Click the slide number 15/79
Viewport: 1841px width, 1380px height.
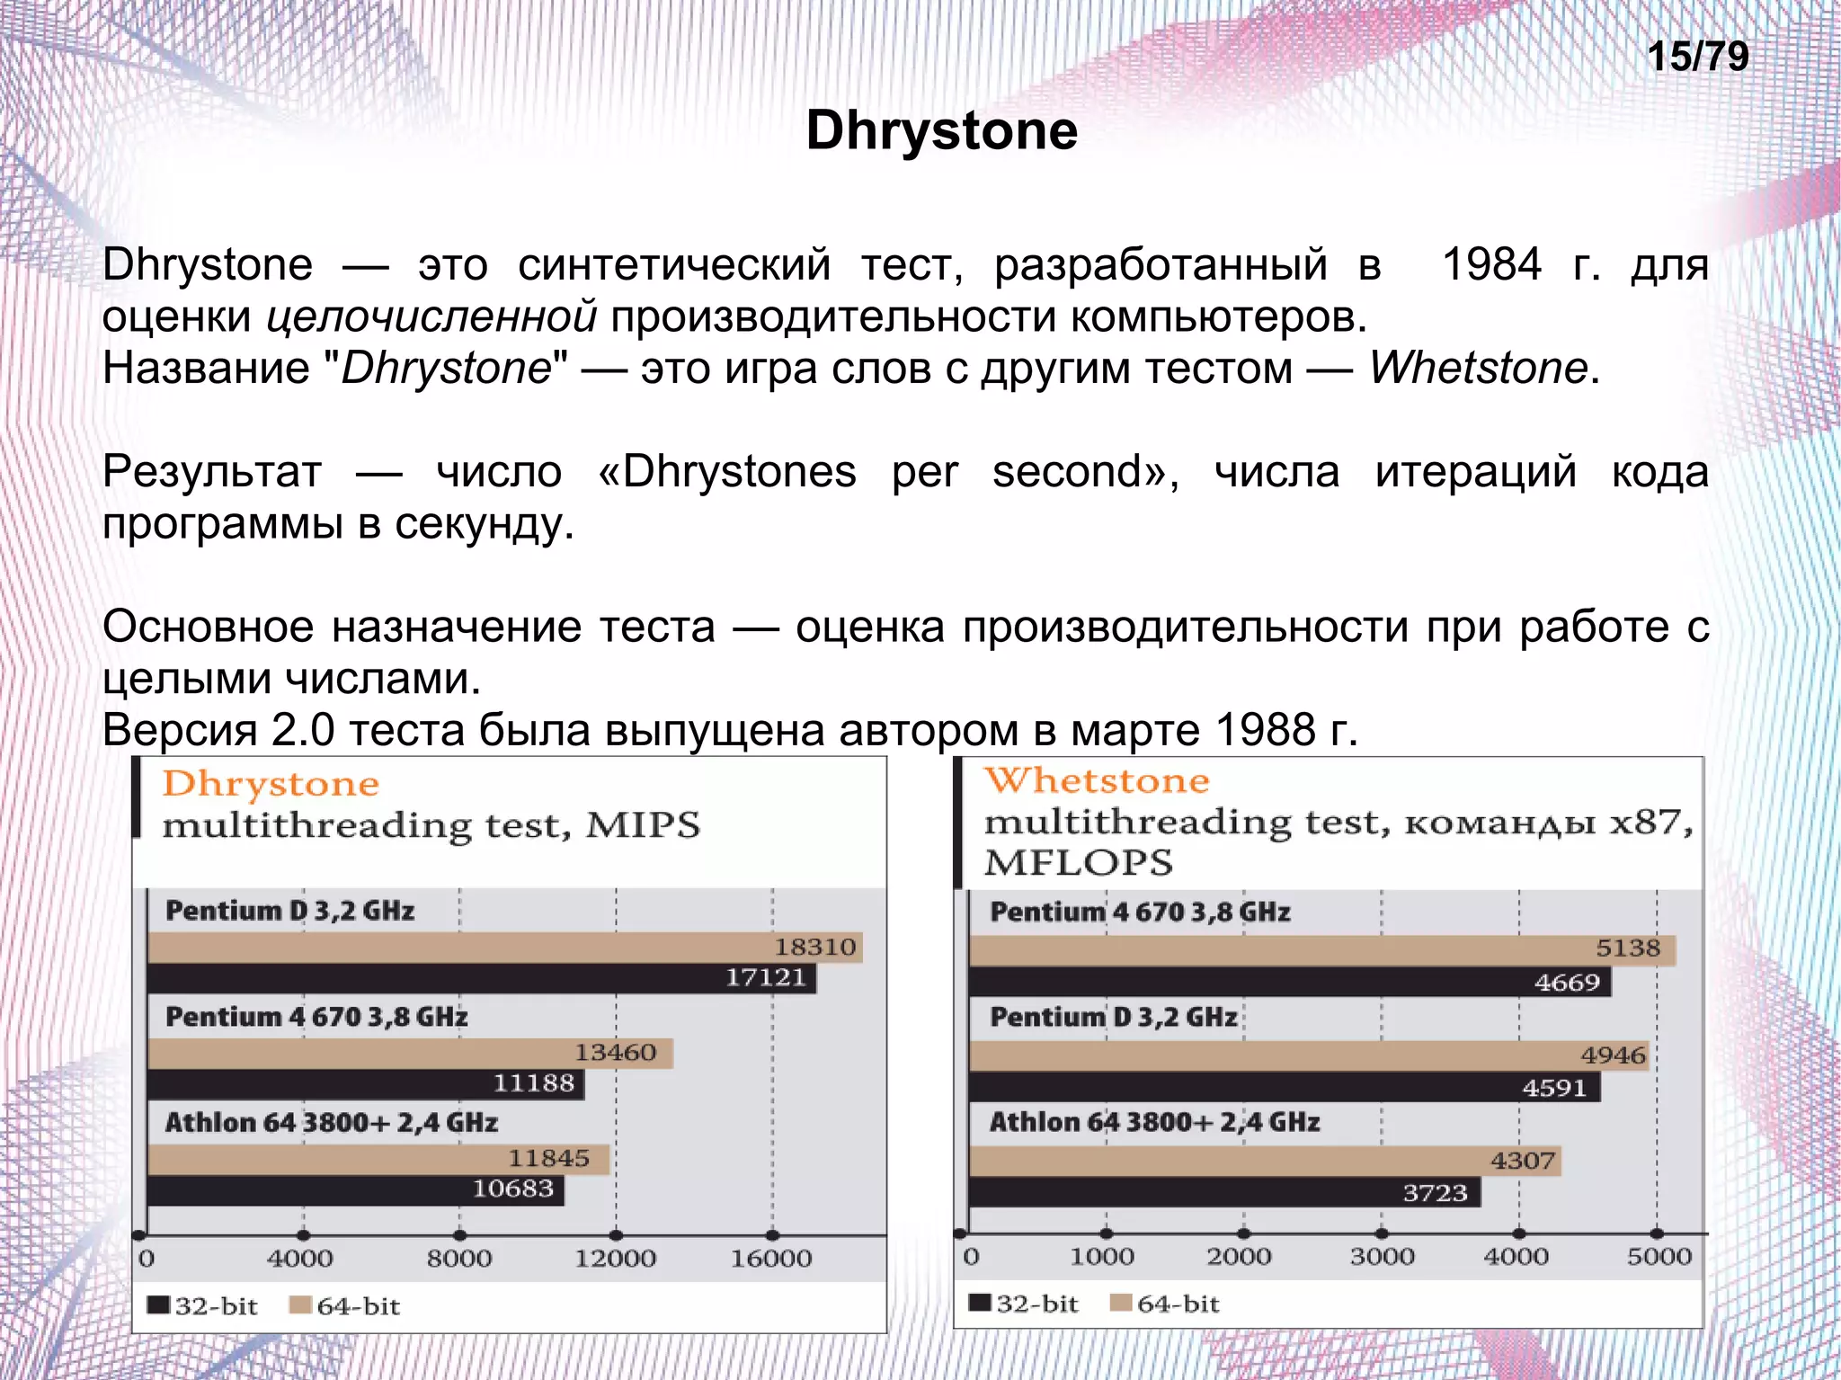coord(1697,57)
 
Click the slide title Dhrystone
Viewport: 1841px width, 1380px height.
coord(941,130)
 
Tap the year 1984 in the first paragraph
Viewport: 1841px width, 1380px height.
coord(1491,265)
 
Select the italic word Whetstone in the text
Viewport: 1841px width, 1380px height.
coord(1478,368)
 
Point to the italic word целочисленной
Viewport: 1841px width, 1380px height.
coord(432,316)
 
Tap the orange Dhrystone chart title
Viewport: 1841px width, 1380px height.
coord(271,784)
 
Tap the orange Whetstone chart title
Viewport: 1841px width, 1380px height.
coord(1097,780)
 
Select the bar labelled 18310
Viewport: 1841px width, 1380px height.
coord(503,948)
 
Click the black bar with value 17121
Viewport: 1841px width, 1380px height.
coord(481,978)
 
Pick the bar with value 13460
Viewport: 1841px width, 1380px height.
coord(409,1053)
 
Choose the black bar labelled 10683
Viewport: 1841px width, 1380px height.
coord(355,1190)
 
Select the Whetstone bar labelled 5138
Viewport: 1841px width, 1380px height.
coord(1321,950)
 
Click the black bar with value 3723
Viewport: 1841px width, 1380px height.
coord(1223,1193)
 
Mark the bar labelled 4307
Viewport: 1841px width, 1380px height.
coord(1263,1161)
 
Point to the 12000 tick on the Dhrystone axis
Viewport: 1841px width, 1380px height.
coord(616,1258)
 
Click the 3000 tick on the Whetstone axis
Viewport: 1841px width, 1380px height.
coord(1382,1256)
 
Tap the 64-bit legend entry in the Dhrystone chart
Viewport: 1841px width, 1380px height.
coord(345,1305)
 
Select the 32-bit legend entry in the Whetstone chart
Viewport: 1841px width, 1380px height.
coord(1024,1304)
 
